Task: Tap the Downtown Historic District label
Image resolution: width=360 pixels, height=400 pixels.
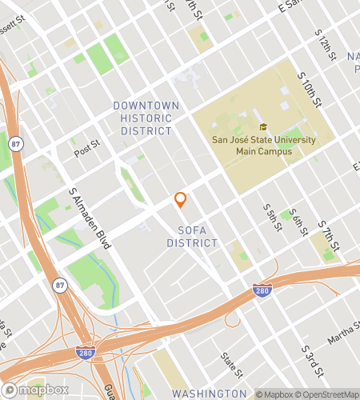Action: coord(142,118)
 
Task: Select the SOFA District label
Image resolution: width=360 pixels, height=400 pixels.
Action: coord(194,237)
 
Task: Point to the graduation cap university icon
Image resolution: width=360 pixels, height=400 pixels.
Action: coord(262,127)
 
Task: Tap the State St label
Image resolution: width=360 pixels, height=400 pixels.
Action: coord(231,365)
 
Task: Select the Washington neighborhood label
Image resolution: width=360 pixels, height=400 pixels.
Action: coord(210,394)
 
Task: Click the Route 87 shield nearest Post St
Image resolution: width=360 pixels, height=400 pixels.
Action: coord(16,143)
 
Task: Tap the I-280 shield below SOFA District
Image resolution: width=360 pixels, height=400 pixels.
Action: coord(261,289)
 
